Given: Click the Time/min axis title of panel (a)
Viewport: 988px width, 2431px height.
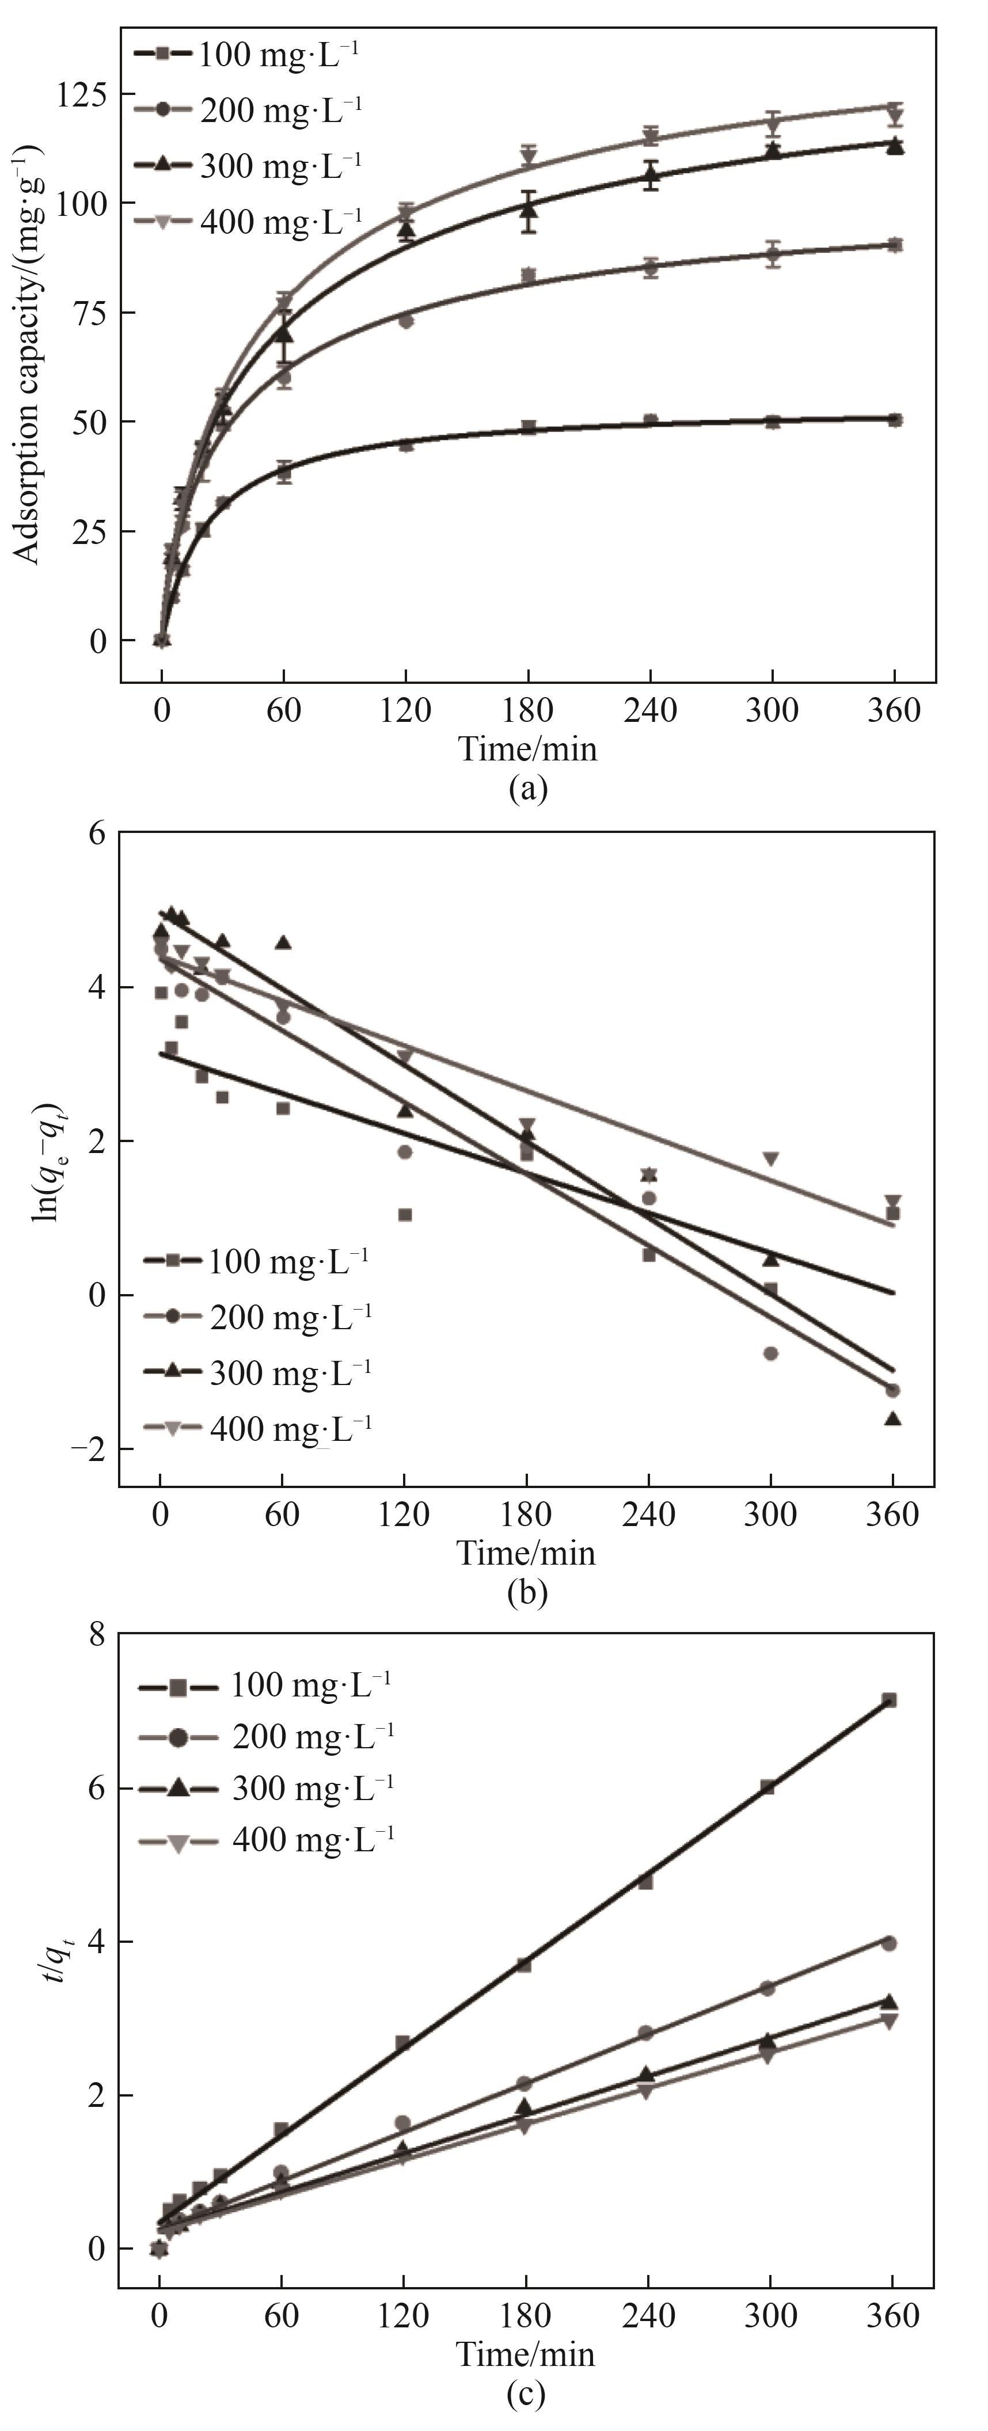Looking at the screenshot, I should [527, 748].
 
